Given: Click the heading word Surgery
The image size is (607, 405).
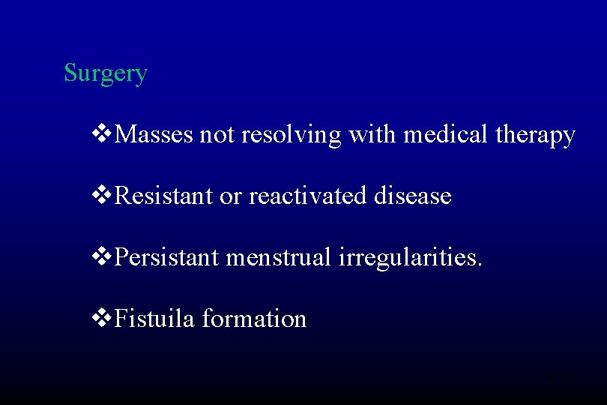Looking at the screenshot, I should [x=106, y=73].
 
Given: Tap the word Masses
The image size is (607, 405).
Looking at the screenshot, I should [x=155, y=135].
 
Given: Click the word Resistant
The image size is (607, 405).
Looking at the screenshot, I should [x=165, y=196].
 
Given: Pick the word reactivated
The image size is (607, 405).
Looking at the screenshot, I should [x=308, y=196].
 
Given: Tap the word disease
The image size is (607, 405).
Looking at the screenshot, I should [x=414, y=196].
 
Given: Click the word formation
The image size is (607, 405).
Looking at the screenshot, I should [x=256, y=319].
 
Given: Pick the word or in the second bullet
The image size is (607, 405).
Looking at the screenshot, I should [x=230, y=197].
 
